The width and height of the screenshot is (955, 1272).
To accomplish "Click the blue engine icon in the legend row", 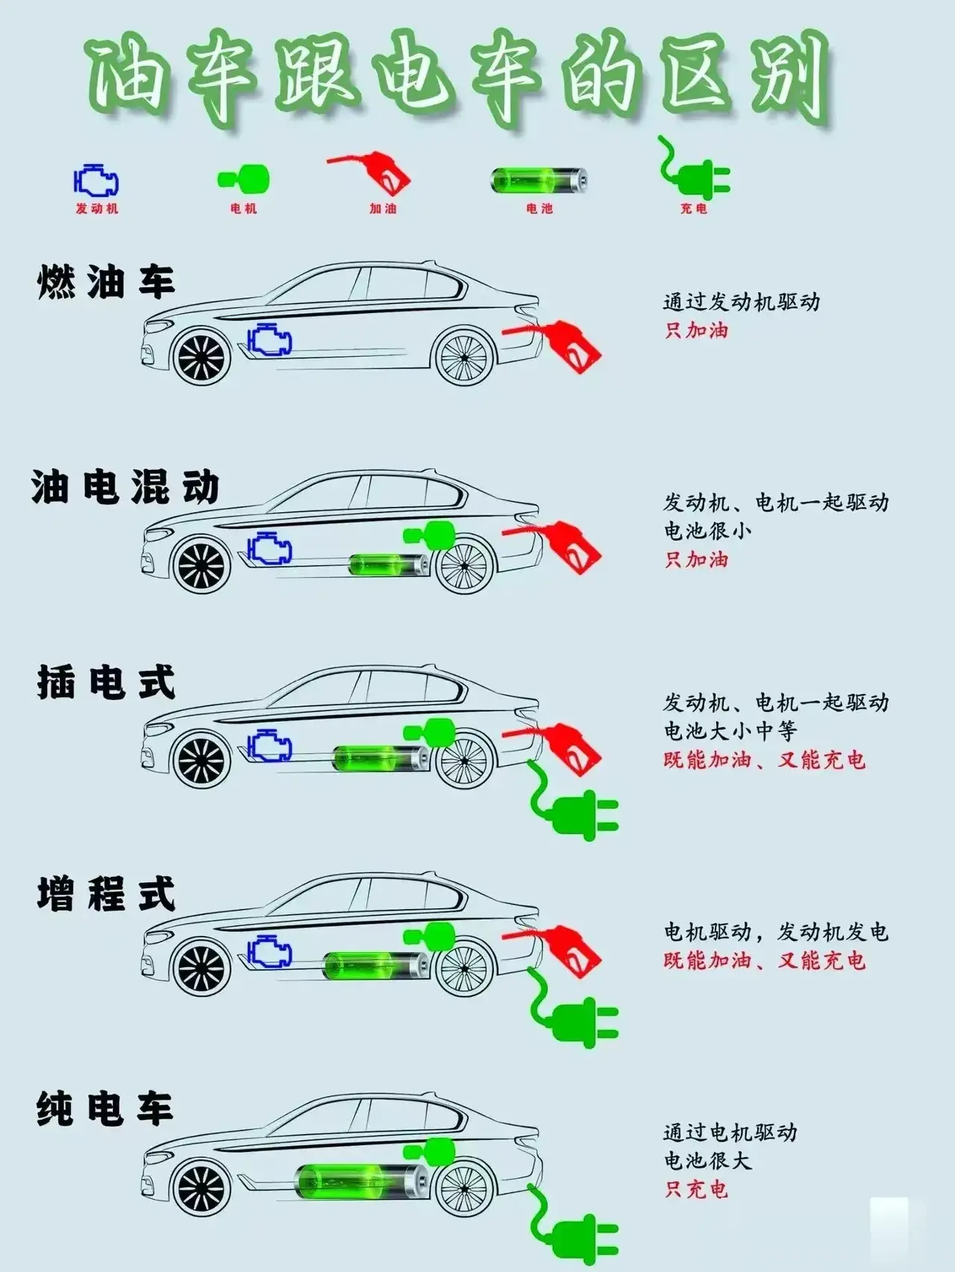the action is [96, 181].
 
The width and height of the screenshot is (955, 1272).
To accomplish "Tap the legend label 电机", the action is [244, 209].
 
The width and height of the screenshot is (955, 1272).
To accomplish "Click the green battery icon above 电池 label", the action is [539, 180].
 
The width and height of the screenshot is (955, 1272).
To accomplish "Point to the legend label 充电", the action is [693, 209].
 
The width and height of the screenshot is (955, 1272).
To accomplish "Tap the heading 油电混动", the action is [125, 488].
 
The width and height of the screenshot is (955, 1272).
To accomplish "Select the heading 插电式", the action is [106, 682].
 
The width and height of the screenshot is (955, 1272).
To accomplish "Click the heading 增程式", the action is [106, 894].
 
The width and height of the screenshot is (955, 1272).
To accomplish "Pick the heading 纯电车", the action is [105, 1109].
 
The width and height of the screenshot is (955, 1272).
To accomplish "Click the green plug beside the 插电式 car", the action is [573, 802].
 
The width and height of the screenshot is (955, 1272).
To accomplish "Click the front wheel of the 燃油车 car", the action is [201, 356].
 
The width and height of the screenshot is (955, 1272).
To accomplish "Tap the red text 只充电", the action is [696, 1188].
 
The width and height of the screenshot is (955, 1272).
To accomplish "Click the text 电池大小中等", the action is [730, 731].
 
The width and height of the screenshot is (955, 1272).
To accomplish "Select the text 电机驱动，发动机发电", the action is [776, 932].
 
